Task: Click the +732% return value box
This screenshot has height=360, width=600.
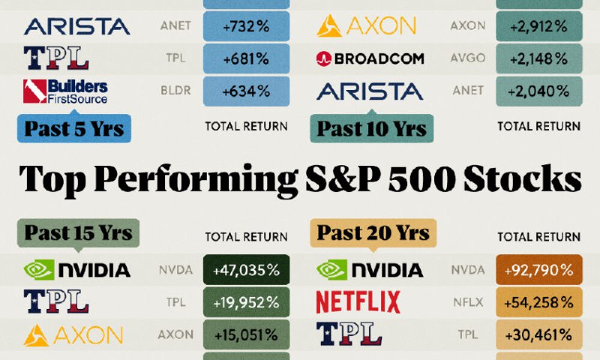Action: click(246, 26)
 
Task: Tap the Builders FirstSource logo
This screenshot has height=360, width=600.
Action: click(65, 91)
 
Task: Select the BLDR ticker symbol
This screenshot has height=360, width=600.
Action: click(175, 90)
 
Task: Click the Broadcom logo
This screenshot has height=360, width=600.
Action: click(370, 58)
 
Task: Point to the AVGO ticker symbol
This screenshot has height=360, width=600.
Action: click(467, 58)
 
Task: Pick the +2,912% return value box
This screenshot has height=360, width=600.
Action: click(539, 26)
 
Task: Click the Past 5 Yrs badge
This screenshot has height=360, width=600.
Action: click(74, 128)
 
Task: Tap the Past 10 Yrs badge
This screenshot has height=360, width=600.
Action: click(371, 128)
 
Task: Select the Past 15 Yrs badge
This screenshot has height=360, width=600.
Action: click(78, 232)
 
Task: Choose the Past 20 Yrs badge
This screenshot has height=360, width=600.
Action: click(373, 232)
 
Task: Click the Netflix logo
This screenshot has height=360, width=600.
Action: click(358, 301)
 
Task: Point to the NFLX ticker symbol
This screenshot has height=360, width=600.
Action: click(468, 302)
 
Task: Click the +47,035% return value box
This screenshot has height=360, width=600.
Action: click(246, 270)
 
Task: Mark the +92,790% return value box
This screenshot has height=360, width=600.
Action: click(539, 270)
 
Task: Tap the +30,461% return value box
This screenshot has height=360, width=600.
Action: click(539, 335)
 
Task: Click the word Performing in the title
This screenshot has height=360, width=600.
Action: click(196, 179)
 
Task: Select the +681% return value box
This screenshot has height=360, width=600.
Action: click(246, 58)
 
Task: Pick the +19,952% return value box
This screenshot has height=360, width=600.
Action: click(246, 302)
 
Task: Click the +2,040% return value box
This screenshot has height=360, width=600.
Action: click(539, 91)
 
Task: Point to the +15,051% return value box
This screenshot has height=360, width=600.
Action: click(246, 335)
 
